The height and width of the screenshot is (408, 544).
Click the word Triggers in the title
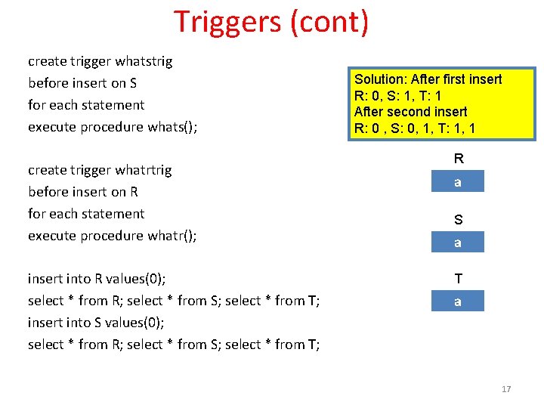coord(227,22)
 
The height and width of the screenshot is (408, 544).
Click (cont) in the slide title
coord(329,22)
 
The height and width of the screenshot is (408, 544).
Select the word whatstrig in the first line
coord(144,61)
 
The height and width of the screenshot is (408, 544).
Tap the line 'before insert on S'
coord(82,83)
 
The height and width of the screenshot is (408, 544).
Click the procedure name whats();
coord(172,127)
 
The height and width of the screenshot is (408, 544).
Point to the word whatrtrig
coord(143,170)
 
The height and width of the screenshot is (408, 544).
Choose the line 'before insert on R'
coord(82,192)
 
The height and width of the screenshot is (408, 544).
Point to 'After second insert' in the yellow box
coord(410,112)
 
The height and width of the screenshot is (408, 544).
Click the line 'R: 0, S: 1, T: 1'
coord(398,96)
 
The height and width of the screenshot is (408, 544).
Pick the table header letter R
coord(458,159)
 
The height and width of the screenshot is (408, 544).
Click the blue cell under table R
coord(457,182)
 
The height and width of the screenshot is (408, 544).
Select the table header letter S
coord(458,220)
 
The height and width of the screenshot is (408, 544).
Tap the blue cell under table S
coord(457,243)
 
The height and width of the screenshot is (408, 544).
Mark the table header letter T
coord(458,279)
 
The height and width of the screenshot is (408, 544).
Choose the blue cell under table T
coord(457,301)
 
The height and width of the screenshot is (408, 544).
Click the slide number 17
coord(506,389)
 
